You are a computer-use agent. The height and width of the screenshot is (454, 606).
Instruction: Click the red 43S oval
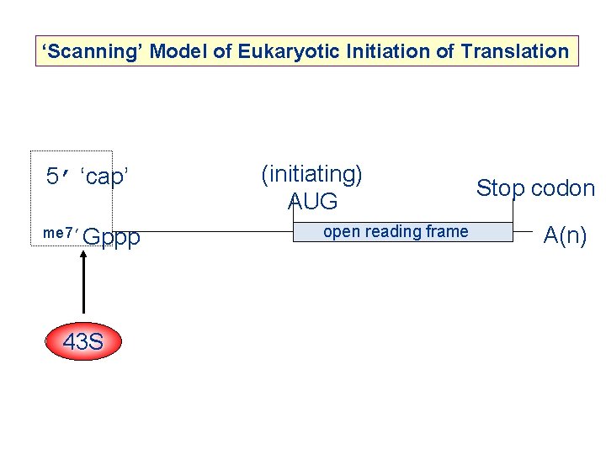[83, 342]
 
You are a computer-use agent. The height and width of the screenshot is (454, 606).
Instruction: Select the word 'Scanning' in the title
[92, 52]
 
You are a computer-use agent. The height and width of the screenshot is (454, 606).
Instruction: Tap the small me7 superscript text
[59, 233]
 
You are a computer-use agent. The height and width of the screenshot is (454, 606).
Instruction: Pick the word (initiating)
[312, 174]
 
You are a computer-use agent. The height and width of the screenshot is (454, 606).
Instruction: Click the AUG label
[312, 202]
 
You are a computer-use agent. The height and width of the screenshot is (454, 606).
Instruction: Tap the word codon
[561, 188]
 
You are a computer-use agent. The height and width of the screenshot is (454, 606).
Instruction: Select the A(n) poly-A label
[565, 235]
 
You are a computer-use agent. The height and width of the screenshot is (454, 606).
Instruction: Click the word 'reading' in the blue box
[396, 232]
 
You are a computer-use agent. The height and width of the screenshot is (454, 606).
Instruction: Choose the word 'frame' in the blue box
[447, 232]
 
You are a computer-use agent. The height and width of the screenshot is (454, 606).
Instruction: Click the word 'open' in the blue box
[341, 232]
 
